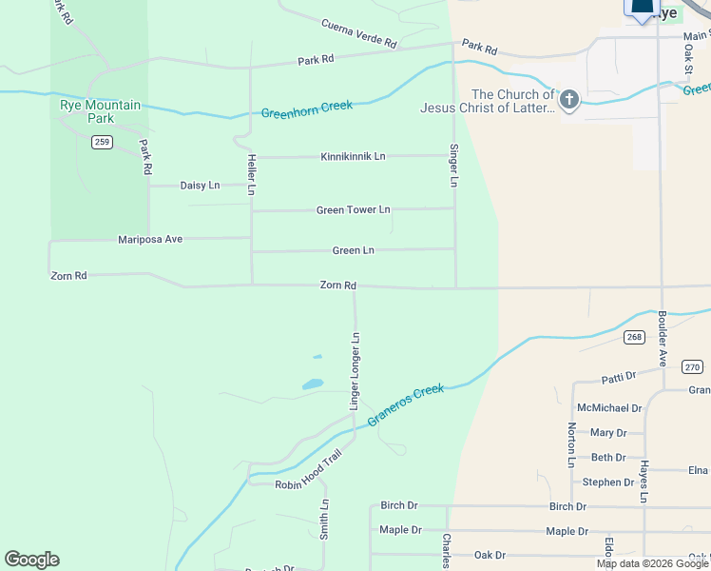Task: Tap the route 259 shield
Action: pyautogui.click(x=103, y=142)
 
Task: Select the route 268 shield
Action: pyautogui.click(x=635, y=337)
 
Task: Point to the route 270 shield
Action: pyautogui.click(x=692, y=366)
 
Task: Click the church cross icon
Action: pyautogui.click(x=569, y=101)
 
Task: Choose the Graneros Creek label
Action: pyautogui.click(x=406, y=404)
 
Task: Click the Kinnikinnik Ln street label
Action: pyautogui.click(x=354, y=156)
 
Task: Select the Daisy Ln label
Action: pyautogui.click(x=200, y=186)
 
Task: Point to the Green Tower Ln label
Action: pyautogui.click(x=354, y=209)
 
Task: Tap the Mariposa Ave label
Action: pyautogui.click(x=150, y=239)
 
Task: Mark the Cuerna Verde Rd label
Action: pyautogui.click(x=358, y=33)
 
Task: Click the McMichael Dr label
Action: pyautogui.click(x=609, y=408)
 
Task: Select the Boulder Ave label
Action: pyautogui.click(x=663, y=332)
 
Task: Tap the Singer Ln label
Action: pyautogui.click(x=454, y=165)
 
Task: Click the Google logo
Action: pyautogui.click(x=31, y=560)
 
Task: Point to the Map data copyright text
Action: pyautogui.click(x=653, y=563)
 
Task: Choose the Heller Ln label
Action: pyautogui.click(x=252, y=174)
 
